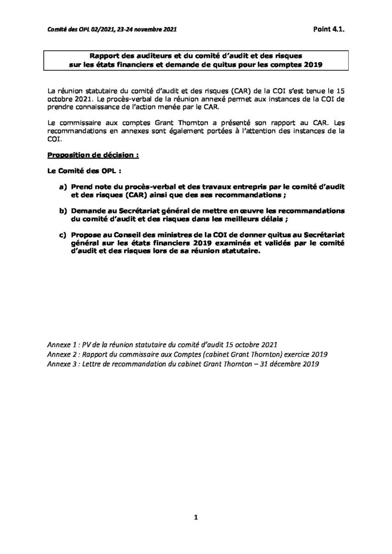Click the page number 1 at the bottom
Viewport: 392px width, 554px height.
coord(196,519)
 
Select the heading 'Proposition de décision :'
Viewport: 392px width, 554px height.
coord(93,154)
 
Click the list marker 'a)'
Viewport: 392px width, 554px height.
coord(63,186)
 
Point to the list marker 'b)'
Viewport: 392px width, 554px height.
coord(63,209)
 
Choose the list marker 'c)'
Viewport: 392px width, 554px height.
coord(63,235)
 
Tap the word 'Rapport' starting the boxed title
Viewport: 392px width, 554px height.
coord(105,56)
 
